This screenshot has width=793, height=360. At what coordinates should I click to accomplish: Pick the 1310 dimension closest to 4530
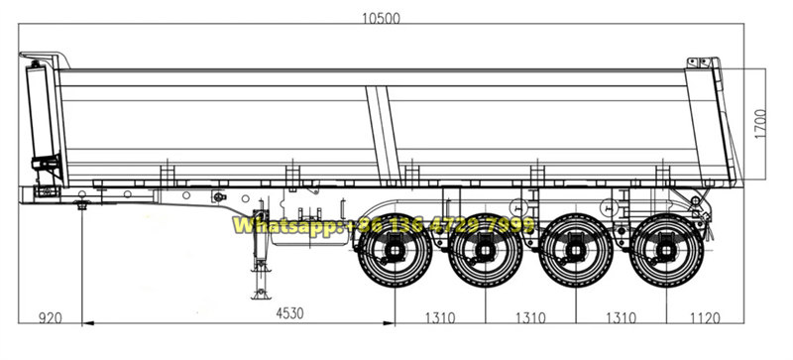click(x=439, y=319)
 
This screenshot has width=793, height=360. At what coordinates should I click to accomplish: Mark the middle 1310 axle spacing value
click(x=530, y=319)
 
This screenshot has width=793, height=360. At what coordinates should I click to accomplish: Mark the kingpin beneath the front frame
click(x=82, y=206)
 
